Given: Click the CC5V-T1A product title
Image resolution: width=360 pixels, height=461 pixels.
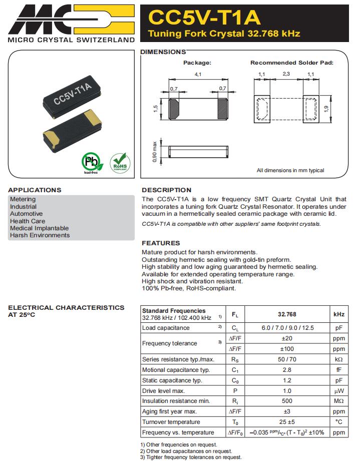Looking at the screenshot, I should pos(205,18).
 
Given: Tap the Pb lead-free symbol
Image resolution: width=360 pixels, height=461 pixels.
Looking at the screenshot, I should pos(91,162).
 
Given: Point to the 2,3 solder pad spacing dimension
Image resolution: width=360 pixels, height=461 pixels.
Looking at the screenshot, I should pos(286,74).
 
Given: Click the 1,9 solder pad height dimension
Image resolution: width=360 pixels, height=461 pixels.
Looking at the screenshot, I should pos(327,108).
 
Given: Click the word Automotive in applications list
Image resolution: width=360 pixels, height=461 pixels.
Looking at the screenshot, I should pos(27,214).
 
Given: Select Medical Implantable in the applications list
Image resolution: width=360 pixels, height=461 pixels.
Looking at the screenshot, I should pos(39,228).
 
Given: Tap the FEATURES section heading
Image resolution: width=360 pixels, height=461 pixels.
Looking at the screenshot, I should pos(161,243).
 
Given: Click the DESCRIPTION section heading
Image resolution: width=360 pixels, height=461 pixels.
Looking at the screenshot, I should pos(166,190).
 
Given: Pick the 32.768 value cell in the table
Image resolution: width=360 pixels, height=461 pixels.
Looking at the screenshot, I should pos(287,314).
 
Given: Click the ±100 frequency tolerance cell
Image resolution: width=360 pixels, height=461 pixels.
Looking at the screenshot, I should pos(287,349).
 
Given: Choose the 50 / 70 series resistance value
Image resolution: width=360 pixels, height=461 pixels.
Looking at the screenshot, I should pos(287,359).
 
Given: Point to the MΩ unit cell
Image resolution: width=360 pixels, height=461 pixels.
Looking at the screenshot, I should pos(339,401).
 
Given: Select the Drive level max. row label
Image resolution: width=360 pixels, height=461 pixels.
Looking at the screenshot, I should pos(164,390).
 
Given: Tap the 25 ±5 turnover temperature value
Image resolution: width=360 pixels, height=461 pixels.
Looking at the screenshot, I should pos(287,422).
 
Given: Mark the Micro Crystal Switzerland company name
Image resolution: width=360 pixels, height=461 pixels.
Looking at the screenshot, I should pos(71,40).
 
